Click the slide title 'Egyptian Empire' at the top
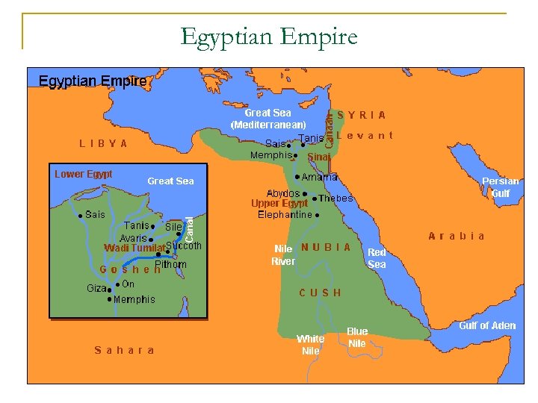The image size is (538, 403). coord(269,36)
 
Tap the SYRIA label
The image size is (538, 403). coord(362,116)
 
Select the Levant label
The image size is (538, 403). coord(364,136)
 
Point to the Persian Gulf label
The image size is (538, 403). coord(500,187)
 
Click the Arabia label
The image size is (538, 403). coord(457,236)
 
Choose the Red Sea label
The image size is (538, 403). coord(377,258)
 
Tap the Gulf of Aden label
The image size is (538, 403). coord(486,325)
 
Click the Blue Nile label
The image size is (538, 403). coord(357,337)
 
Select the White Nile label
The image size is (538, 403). coord(310,344)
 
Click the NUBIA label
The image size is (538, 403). coord(325,247)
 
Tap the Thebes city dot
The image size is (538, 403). coord(315,199)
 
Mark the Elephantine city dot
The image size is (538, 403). coord(318,215)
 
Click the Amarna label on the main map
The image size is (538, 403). coord(321,178)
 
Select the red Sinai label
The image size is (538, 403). coord(318,157)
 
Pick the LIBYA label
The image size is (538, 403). coord(103,143)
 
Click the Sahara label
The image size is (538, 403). coord(125,350)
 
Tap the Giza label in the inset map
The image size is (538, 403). coord(96,288)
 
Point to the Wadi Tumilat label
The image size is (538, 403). coord(134,248)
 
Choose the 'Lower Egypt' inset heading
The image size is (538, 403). coord(84,174)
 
